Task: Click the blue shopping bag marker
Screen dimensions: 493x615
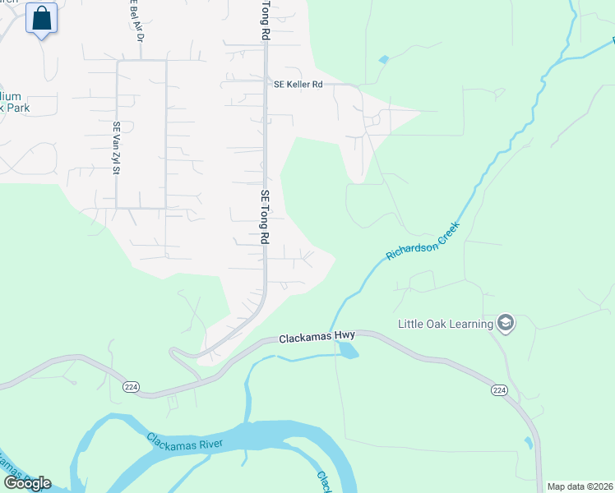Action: (41, 17)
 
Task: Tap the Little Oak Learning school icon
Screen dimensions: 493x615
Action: (506, 324)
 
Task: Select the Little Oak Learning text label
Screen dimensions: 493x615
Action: (445, 324)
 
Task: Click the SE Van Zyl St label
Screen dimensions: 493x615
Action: (117, 149)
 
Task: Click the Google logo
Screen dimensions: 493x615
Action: (26, 482)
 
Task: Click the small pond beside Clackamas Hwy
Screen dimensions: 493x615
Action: (348, 350)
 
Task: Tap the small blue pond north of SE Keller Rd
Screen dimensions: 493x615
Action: (384, 60)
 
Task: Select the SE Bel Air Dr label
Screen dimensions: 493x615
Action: (136, 20)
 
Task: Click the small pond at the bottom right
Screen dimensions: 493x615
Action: (528, 444)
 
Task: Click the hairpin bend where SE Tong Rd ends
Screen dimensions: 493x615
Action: (174, 352)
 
